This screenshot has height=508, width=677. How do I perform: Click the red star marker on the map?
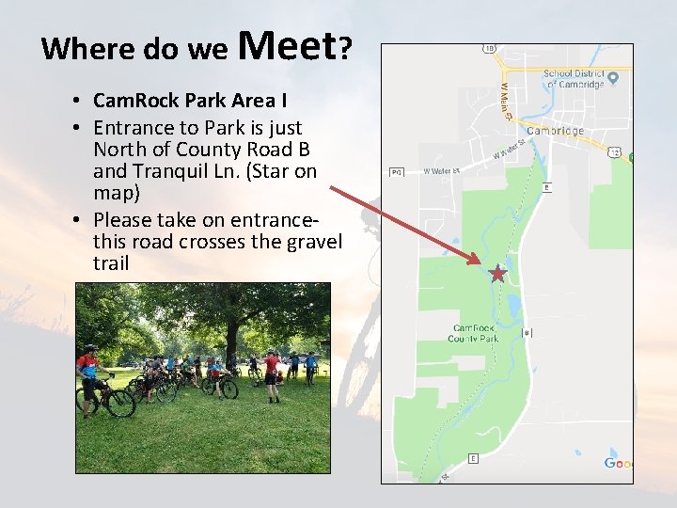(497, 274)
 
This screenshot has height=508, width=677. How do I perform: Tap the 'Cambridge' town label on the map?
(556, 131)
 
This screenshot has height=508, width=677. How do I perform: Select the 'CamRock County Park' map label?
(473, 333)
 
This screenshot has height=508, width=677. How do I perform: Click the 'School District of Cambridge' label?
(575, 78)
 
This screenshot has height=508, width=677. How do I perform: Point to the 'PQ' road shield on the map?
(396, 172)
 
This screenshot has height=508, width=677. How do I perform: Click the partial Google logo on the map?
(619, 463)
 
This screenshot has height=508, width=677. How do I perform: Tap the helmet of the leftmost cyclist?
(89, 347)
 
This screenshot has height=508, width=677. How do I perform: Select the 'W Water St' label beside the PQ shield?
(441, 171)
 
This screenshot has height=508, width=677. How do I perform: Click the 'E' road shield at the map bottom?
(473, 459)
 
